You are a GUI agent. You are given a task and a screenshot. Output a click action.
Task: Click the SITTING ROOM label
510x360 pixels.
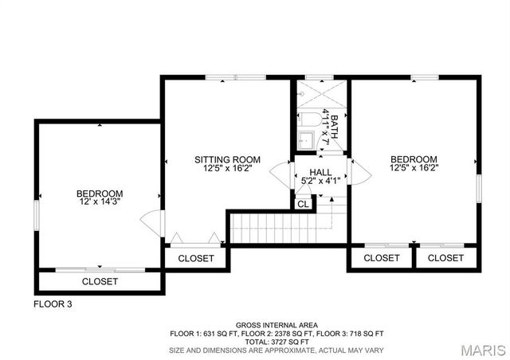click(x=228, y=160)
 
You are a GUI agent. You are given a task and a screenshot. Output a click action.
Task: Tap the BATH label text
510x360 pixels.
click(x=335, y=128)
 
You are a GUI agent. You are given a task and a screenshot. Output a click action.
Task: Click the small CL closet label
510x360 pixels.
click(x=303, y=204)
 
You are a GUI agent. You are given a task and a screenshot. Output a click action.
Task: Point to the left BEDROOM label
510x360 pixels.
click(x=100, y=194)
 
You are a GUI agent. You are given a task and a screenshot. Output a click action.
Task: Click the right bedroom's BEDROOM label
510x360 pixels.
click(x=414, y=159)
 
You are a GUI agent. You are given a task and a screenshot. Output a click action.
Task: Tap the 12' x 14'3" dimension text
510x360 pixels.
click(x=100, y=203)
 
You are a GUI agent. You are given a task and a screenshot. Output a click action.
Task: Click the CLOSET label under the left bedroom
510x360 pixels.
click(x=100, y=282)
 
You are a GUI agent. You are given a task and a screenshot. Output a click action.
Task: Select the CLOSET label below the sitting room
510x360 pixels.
click(x=196, y=258)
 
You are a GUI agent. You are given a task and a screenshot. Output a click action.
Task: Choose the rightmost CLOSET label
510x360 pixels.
click(x=445, y=258)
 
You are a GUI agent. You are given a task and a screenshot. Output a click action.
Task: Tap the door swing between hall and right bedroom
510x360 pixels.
click(x=358, y=171)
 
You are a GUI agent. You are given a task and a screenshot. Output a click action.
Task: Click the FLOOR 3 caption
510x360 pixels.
click(x=53, y=304)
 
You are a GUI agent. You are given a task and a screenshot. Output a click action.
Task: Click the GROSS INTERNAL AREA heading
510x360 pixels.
click(x=276, y=325)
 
